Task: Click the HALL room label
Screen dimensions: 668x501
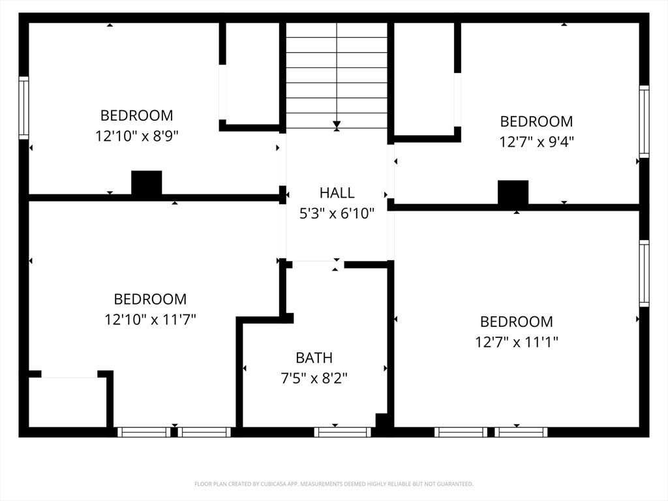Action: tap(337, 193)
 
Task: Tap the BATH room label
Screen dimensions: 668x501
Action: tap(314, 358)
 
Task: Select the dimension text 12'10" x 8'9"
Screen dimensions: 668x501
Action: tap(137, 136)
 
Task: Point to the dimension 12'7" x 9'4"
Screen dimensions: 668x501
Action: tap(536, 142)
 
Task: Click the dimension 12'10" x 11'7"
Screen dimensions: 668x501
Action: tap(150, 319)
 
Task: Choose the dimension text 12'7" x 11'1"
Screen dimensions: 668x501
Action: tap(517, 342)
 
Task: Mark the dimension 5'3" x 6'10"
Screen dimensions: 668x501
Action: tap(337, 213)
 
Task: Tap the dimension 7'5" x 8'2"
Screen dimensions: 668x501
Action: tap(314, 378)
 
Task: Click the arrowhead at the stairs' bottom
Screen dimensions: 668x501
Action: tap(337, 125)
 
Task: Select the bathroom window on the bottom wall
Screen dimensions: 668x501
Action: tap(342, 432)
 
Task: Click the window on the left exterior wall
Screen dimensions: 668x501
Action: tap(24, 108)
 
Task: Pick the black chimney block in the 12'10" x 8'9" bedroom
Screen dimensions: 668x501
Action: tap(147, 183)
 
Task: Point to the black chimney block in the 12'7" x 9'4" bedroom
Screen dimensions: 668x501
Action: tap(513, 192)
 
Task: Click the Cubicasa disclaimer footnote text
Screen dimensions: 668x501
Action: tap(333, 484)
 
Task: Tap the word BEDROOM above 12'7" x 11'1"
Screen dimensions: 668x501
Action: tap(517, 322)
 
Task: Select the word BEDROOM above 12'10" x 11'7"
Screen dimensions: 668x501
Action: tap(150, 299)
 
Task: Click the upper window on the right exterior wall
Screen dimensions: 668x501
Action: tap(644, 121)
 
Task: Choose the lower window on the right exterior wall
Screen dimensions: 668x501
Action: tap(644, 273)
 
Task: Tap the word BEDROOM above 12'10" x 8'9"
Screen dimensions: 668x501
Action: tap(137, 115)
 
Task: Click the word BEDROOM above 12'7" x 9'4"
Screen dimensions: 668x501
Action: tap(536, 121)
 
